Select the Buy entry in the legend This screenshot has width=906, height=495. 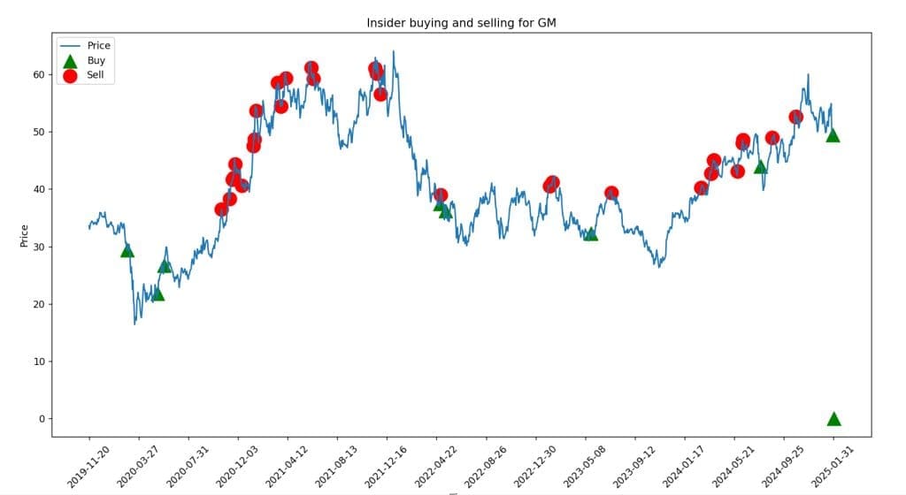tap(96, 60)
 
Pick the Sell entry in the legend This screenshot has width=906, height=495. tap(96, 75)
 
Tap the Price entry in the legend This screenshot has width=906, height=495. tap(99, 46)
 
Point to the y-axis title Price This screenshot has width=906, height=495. tap(24, 236)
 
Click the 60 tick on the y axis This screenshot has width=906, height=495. tap(39, 74)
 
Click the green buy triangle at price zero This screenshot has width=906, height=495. tap(833, 419)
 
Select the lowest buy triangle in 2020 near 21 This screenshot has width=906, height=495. tap(157, 294)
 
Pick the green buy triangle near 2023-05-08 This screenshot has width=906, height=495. tap(591, 234)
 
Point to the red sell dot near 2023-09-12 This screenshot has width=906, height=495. tap(611, 194)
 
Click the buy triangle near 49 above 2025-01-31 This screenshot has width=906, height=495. tap(833, 135)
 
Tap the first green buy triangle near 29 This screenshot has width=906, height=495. tap(127, 251)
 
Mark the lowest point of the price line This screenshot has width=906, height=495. tap(135, 324)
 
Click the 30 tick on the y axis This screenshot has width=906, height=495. tap(39, 247)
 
